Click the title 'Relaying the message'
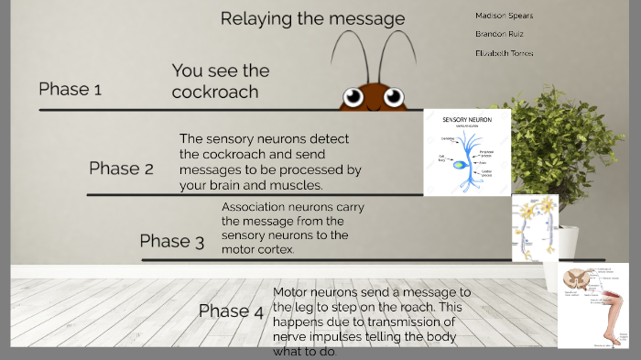312,18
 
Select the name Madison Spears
504,16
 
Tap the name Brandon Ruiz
499,34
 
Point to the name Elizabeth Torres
504,53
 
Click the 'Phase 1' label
70,89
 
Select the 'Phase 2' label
121,169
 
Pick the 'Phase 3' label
171,241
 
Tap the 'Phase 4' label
231,311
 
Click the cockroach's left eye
353,96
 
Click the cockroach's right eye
394,96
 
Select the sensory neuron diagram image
467,152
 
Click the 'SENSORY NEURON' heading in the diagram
467,120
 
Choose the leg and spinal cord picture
592,305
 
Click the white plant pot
567,244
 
